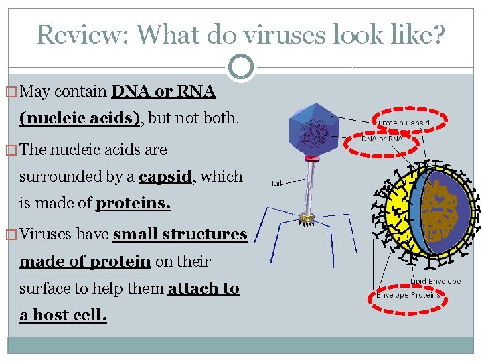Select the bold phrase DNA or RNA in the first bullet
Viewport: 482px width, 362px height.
click(163, 91)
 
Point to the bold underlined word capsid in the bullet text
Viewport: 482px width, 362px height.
click(165, 176)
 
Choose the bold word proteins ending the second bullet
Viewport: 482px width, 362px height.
click(133, 204)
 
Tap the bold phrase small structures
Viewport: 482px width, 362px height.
click(180, 234)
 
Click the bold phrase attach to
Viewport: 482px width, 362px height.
click(204, 288)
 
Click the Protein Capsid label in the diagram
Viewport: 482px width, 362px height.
click(404, 123)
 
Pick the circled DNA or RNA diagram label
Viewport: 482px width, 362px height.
click(382, 139)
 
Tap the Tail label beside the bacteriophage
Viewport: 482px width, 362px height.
click(276, 182)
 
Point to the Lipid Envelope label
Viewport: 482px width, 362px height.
click(436, 281)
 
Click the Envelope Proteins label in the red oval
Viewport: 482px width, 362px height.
click(408, 295)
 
